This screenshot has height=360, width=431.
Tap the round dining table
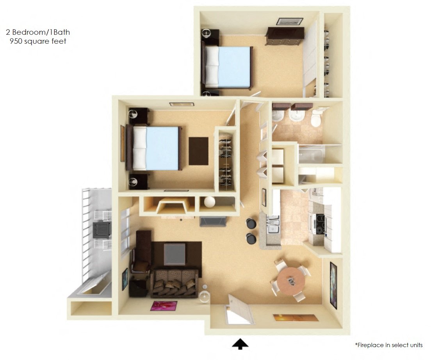pos(290,280)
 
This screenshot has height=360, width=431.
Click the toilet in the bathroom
pos(316,118)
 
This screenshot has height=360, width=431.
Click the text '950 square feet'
pos(38,41)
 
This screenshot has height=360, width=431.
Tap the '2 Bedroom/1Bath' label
pos(38,32)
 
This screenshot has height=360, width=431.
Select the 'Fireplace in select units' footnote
pos(388,345)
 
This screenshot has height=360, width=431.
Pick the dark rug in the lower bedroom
pos(198,151)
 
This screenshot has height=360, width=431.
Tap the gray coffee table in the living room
pos(175,254)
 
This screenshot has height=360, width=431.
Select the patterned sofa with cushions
pos(174,283)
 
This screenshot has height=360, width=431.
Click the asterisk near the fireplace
pos(181,221)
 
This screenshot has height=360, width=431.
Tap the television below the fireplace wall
pos(213,221)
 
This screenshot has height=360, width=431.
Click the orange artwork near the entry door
pos(296,318)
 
